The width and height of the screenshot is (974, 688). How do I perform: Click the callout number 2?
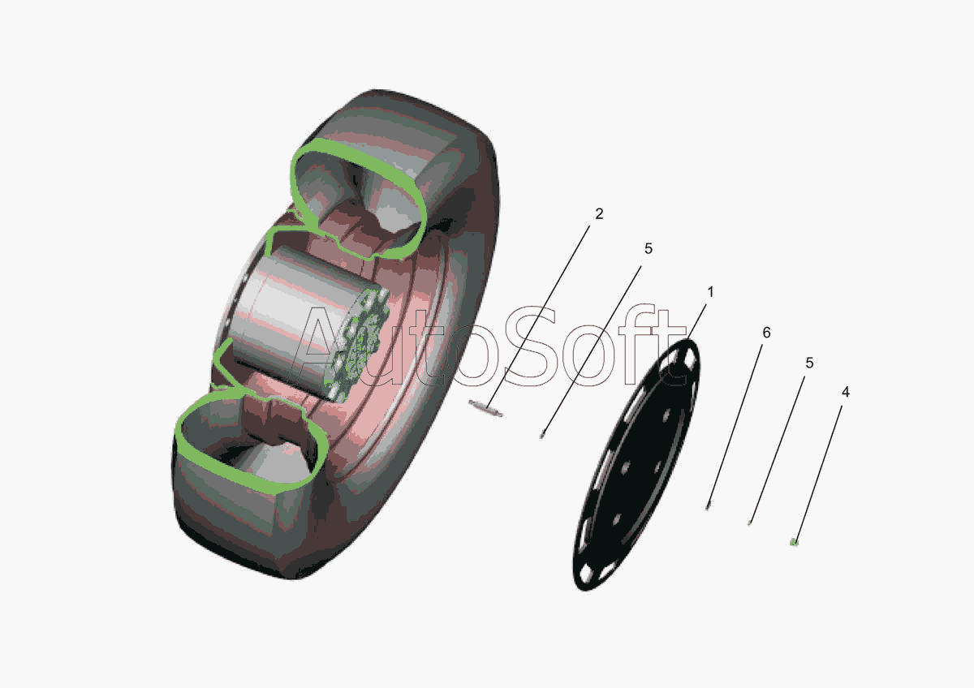point(599,214)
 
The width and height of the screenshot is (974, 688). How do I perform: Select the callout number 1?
point(710,292)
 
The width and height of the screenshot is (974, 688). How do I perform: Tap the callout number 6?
point(766,333)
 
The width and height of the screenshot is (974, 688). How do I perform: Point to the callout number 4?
point(845,392)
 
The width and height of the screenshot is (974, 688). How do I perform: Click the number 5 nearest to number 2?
point(649,248)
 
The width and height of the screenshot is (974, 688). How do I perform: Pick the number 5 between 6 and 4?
point(809,363)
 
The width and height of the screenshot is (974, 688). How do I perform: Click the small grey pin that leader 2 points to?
point(485,409)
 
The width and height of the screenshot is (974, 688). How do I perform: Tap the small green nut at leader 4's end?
point(794,541)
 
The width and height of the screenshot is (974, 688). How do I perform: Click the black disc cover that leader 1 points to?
point(636,465)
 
